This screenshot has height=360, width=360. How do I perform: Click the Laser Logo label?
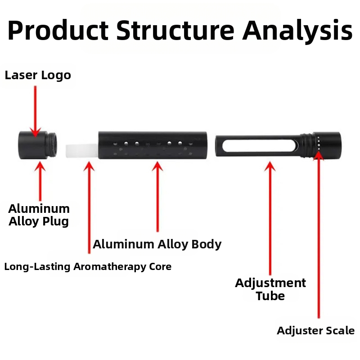coord(38,75)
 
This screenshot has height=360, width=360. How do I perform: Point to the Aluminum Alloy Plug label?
coord(39,215)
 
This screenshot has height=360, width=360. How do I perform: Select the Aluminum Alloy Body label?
coord(157,244)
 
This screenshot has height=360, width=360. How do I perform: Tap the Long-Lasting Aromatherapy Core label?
coord(88,266)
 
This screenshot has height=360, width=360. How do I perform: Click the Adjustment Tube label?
coord(270,289)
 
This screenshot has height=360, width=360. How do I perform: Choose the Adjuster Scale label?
coord(315,331)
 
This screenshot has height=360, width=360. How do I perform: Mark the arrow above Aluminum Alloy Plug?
coord(40,180)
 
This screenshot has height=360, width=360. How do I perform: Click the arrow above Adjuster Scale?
coord(319,234)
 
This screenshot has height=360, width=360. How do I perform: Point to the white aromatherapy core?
coord(81,151)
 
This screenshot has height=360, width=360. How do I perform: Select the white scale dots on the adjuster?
coord(318,144)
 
